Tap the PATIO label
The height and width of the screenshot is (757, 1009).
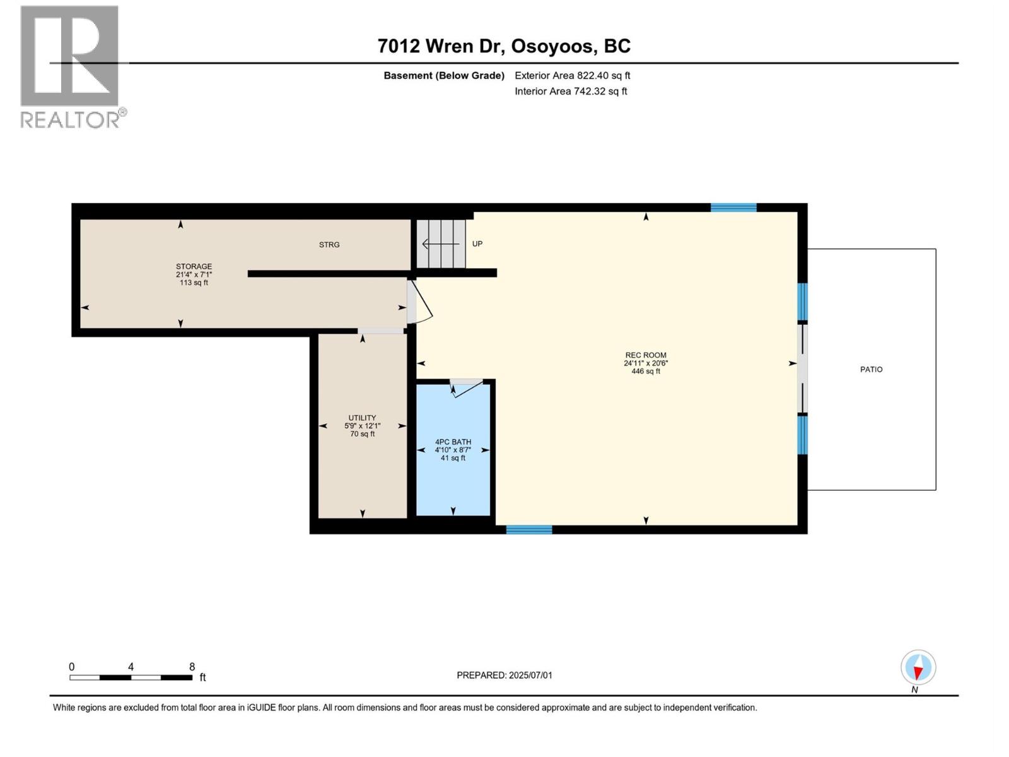click(x=871, y=370)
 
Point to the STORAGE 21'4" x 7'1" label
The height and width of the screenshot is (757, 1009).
click(x=194, y=274)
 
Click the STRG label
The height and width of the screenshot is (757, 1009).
click(x=329, y=245)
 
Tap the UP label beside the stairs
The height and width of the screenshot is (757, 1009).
click(x=477, y=244)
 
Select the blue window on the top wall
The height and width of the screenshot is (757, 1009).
click(x=733, y=208)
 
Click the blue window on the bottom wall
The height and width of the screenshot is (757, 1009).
click(x=529, y=530)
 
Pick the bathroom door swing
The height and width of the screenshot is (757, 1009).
click(x=467, y=387)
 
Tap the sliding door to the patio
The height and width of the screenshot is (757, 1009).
click(x=802, y=368)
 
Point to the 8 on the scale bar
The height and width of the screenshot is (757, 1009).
click(x=192, y=667)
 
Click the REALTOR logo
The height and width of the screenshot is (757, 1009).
click(x=71, y=66)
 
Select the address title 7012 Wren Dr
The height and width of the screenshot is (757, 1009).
click(x=504, y=46)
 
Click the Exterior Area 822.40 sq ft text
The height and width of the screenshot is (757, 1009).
click(x=572, y=76)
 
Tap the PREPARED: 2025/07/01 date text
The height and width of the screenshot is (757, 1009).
click(x=504, y=675)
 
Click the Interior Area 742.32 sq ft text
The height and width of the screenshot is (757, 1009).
click(x=571, y=91)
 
